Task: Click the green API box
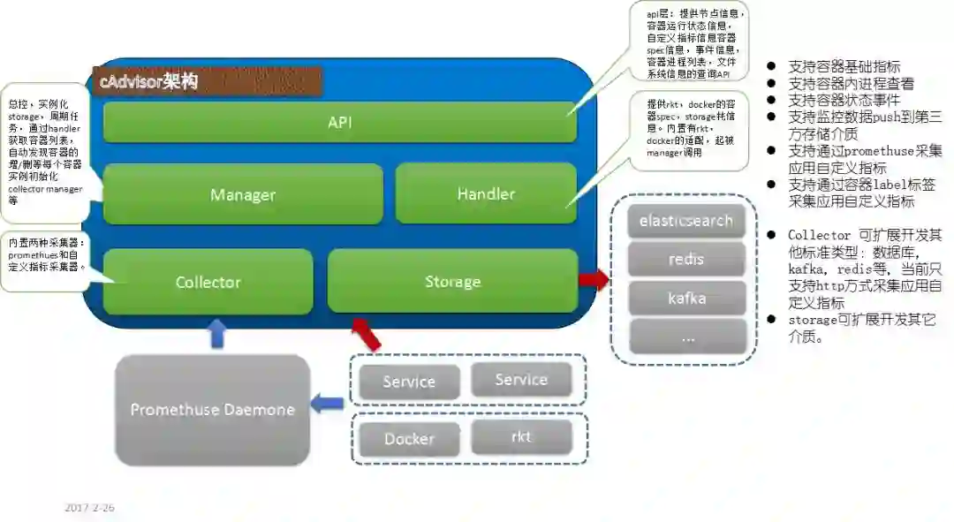340,122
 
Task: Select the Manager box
243,194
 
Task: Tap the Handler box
486,193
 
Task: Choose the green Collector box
208,282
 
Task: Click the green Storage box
452,282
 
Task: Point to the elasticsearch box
686,221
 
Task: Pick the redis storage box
686,260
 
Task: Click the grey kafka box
686,299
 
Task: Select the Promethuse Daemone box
212,409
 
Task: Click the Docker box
409,439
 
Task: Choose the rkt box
521,436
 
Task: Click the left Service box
409,382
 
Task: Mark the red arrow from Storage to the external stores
594,280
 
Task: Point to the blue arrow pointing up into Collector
217,334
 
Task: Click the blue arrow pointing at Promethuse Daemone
329,404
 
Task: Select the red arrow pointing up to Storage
367,333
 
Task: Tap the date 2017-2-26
89,508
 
